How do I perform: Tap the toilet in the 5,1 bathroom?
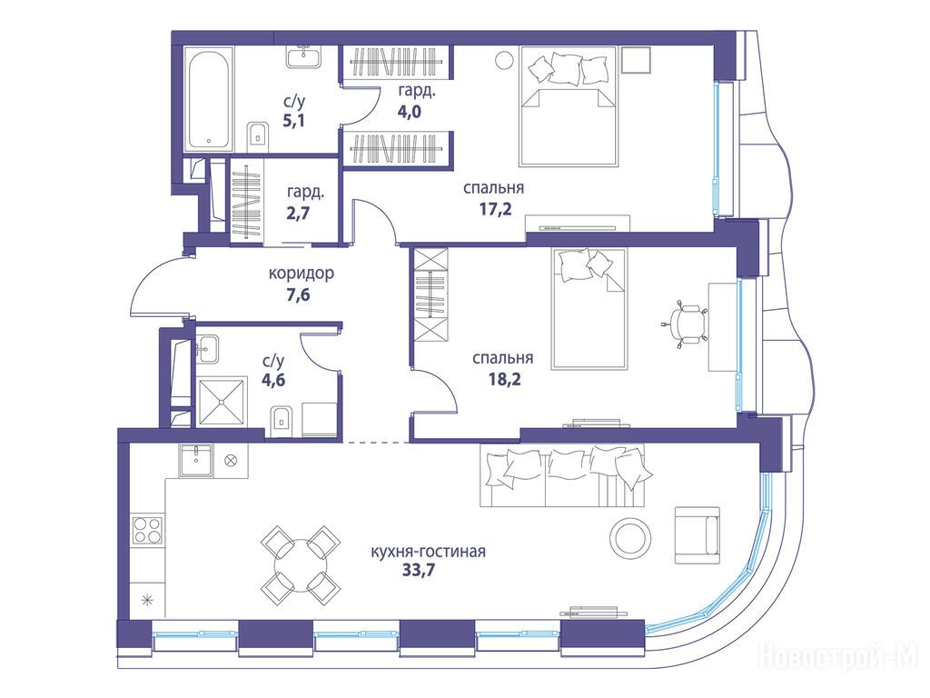(x=257, y=136)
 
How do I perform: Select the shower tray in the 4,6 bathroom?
(x=222, y=402)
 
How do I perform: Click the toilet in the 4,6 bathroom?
(x=282, y=422)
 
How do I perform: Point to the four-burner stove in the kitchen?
(x=148, y=530)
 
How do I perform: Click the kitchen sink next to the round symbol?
(x=197, y=461)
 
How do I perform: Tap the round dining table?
(x=300, y=563)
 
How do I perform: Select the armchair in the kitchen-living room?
(x=697, y=534)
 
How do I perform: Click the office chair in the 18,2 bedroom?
(x=685, y=324)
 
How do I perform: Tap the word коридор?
(x=302, y=274)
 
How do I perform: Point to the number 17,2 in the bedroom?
(x=495, y=209)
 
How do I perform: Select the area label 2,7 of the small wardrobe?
(x=298, y=213)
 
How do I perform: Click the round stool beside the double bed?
(x=505, y=60)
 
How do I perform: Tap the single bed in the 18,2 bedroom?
(x=589, y=309)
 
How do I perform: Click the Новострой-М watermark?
(x=838, y=657)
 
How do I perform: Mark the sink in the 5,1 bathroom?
(x=305, y=58)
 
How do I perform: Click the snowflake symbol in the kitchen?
(x=146, y=601)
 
